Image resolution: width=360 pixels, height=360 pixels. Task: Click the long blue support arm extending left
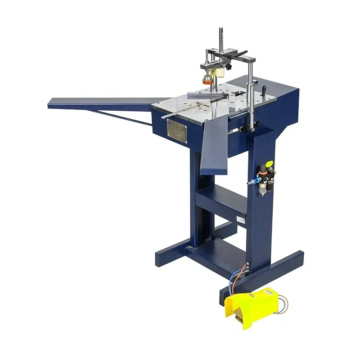coord(99,103)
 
